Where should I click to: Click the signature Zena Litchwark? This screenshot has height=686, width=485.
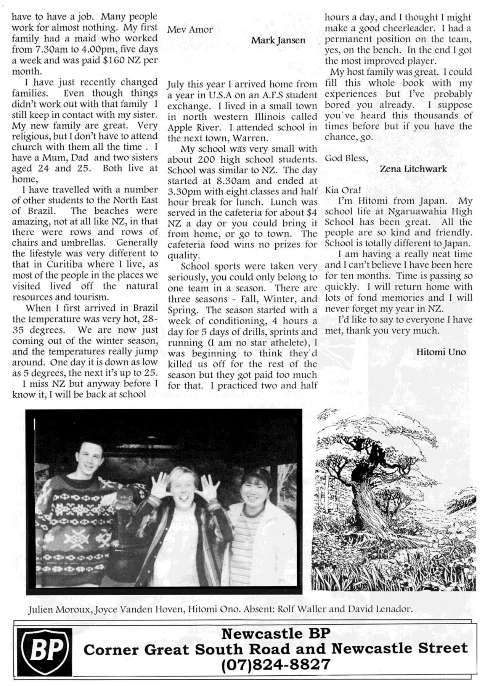413,169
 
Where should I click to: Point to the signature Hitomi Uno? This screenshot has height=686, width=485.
441,352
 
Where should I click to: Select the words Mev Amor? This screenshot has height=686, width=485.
190,30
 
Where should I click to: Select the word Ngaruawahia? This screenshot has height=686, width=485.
414,212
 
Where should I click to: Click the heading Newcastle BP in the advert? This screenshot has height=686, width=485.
275,634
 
